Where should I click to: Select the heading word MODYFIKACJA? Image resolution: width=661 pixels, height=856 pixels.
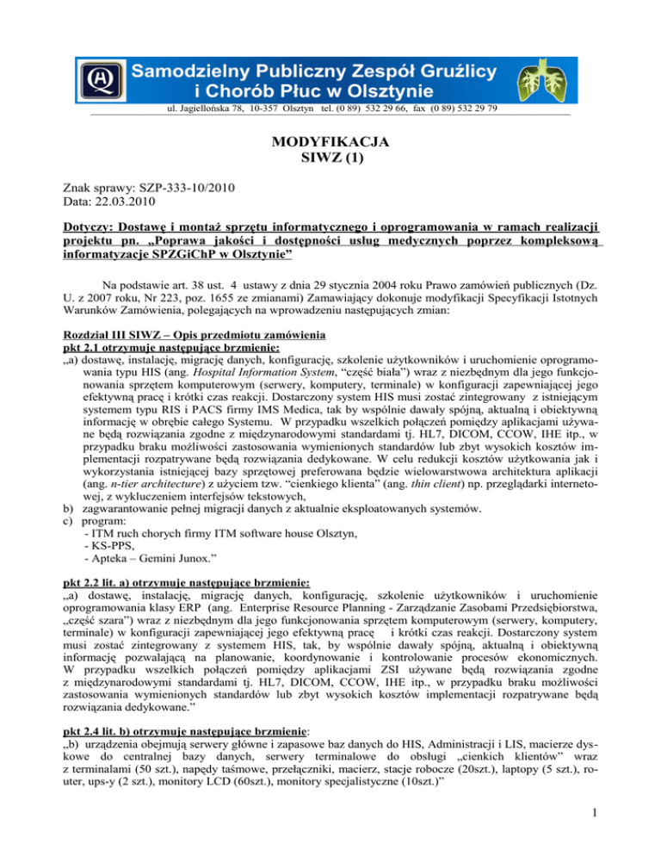point(331,140)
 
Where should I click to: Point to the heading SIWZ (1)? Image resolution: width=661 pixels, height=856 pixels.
point(331,158)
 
